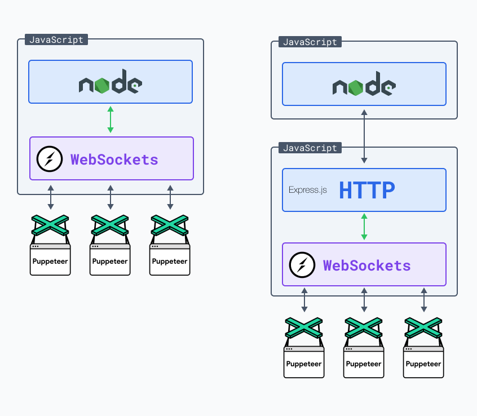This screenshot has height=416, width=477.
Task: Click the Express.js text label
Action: pyautogui.click(x=307, y=190)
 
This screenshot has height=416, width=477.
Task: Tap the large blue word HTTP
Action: pyautogui.click(x=366, y=190)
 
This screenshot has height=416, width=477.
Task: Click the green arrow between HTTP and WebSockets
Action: pyautogui.click(x=364, y=227)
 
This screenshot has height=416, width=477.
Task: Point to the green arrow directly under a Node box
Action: pyautogui.click(x=111, y=120)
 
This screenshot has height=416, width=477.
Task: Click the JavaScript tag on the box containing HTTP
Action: pyautogui.click(x=310, y=148)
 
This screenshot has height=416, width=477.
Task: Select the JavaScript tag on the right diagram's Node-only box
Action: pyautogui.click(x=310, y=42)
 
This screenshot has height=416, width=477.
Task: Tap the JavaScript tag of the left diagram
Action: pyautogui.click(x=56, y=40)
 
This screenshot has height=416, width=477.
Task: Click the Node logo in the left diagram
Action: pyautogui.click(x=111, y=84)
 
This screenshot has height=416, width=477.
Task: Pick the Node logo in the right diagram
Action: pyautogui.click(x=364, y=86)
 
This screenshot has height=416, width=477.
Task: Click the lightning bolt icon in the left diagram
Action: pyautogui.click(x=49, y=159)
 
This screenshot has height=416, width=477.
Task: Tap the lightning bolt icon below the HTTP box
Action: pyautogui.click(x=302, y=265)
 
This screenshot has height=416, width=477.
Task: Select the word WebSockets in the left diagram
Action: pyautogui.click(x=114, y=159)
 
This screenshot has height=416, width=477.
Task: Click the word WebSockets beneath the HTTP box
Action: pyautogui.click(x=367, y=265)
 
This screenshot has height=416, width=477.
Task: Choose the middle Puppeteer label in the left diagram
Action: pyautogui.click(x=110, y=261)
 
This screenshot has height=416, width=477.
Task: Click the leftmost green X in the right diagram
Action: pyautogui.click(x=304, y=328)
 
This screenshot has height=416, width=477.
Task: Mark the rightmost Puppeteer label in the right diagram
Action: pyautogui.click(x=423, y=364)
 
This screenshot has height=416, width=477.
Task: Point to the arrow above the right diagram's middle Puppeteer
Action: pyautogui.click(x=364, y=300)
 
